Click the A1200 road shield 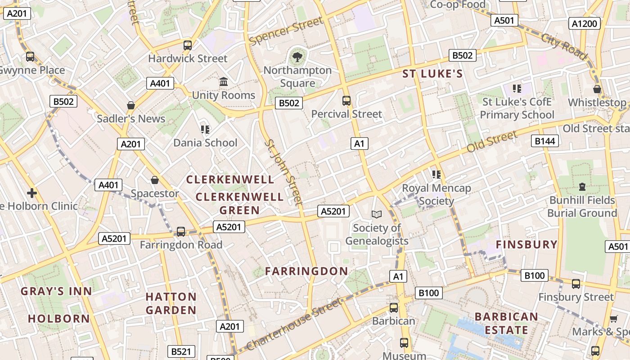pos(585,23)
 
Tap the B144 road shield pos(545,141)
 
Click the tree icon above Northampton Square pos(297,57)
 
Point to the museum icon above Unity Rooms pos(224,82)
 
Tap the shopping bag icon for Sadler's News pos(131,105)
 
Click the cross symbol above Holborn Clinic pos(31,193)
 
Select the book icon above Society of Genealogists pos(376,215)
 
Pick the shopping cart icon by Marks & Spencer pos(613,319)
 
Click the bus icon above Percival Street pos(346,101)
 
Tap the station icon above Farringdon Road pos(180,232)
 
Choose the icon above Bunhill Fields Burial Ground pos(582,186)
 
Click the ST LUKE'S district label pos(432,74)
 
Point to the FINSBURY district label pos(526,244)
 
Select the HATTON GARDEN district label pos(171,303)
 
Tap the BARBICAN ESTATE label pos(506,323)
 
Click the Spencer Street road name pos(286,31)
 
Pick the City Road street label pos(564,46)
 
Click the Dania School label pos(205,143)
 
